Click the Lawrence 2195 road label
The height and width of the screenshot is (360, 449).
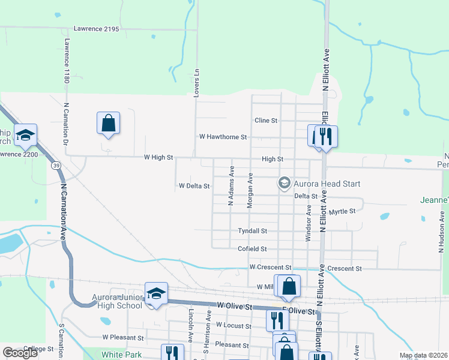tap(96, 28)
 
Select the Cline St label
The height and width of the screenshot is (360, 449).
tap(266, 121)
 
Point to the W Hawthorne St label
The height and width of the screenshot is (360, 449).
tap(223, 137)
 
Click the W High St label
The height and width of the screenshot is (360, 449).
tap(158, 158)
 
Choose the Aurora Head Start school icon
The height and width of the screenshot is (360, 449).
tap(284, 183)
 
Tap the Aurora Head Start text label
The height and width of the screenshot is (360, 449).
tap(327, 184)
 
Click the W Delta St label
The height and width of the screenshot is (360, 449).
tap(194, 186)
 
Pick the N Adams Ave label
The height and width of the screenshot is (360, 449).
tap(231, 187)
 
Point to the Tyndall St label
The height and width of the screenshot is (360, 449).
tap(252, 230)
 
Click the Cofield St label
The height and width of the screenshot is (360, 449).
tap(252, 248)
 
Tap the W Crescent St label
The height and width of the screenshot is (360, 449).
tap(270, 267)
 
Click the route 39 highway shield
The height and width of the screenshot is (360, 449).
tap(55, 166)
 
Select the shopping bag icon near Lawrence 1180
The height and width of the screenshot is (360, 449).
tap(108, 123)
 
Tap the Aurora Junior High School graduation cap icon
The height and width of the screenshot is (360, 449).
tap(156, 293)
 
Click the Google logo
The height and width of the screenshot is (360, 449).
tap(20, 353)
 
